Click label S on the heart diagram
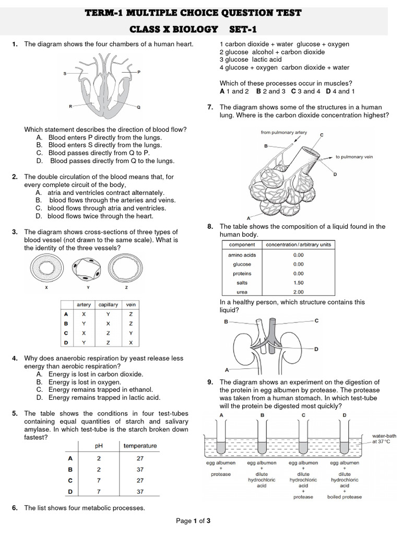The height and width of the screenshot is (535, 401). [65, 74]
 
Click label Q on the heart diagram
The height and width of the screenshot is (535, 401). [138, 108]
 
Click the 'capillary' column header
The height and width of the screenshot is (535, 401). [108, 305]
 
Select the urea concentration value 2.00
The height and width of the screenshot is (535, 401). [298, 292]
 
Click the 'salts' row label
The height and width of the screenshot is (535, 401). [242, 283]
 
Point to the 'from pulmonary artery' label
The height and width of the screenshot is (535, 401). [284, 133]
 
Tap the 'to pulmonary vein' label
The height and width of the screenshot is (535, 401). [354, 157]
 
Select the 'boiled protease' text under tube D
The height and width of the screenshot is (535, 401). [345, 497]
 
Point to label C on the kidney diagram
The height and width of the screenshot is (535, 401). [316, 320]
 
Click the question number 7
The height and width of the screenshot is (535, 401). [209, 107]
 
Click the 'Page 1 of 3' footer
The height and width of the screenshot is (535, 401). [193, 521]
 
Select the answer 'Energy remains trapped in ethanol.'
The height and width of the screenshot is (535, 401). [101, 390]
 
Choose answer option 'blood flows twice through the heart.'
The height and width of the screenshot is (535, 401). [100, 216]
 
